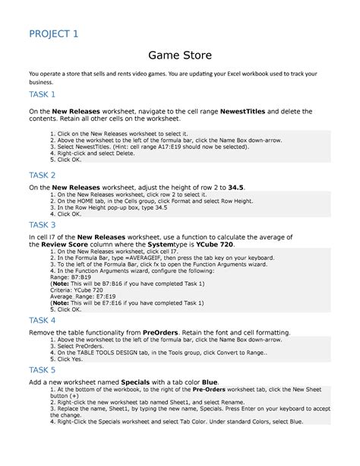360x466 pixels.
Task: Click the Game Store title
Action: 179,55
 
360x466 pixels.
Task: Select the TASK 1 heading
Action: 42,94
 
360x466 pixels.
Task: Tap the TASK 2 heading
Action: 42,175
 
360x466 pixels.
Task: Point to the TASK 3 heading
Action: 42,225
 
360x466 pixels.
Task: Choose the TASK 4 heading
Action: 42,321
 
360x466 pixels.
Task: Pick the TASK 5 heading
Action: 42,370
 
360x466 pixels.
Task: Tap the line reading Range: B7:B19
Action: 73,279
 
